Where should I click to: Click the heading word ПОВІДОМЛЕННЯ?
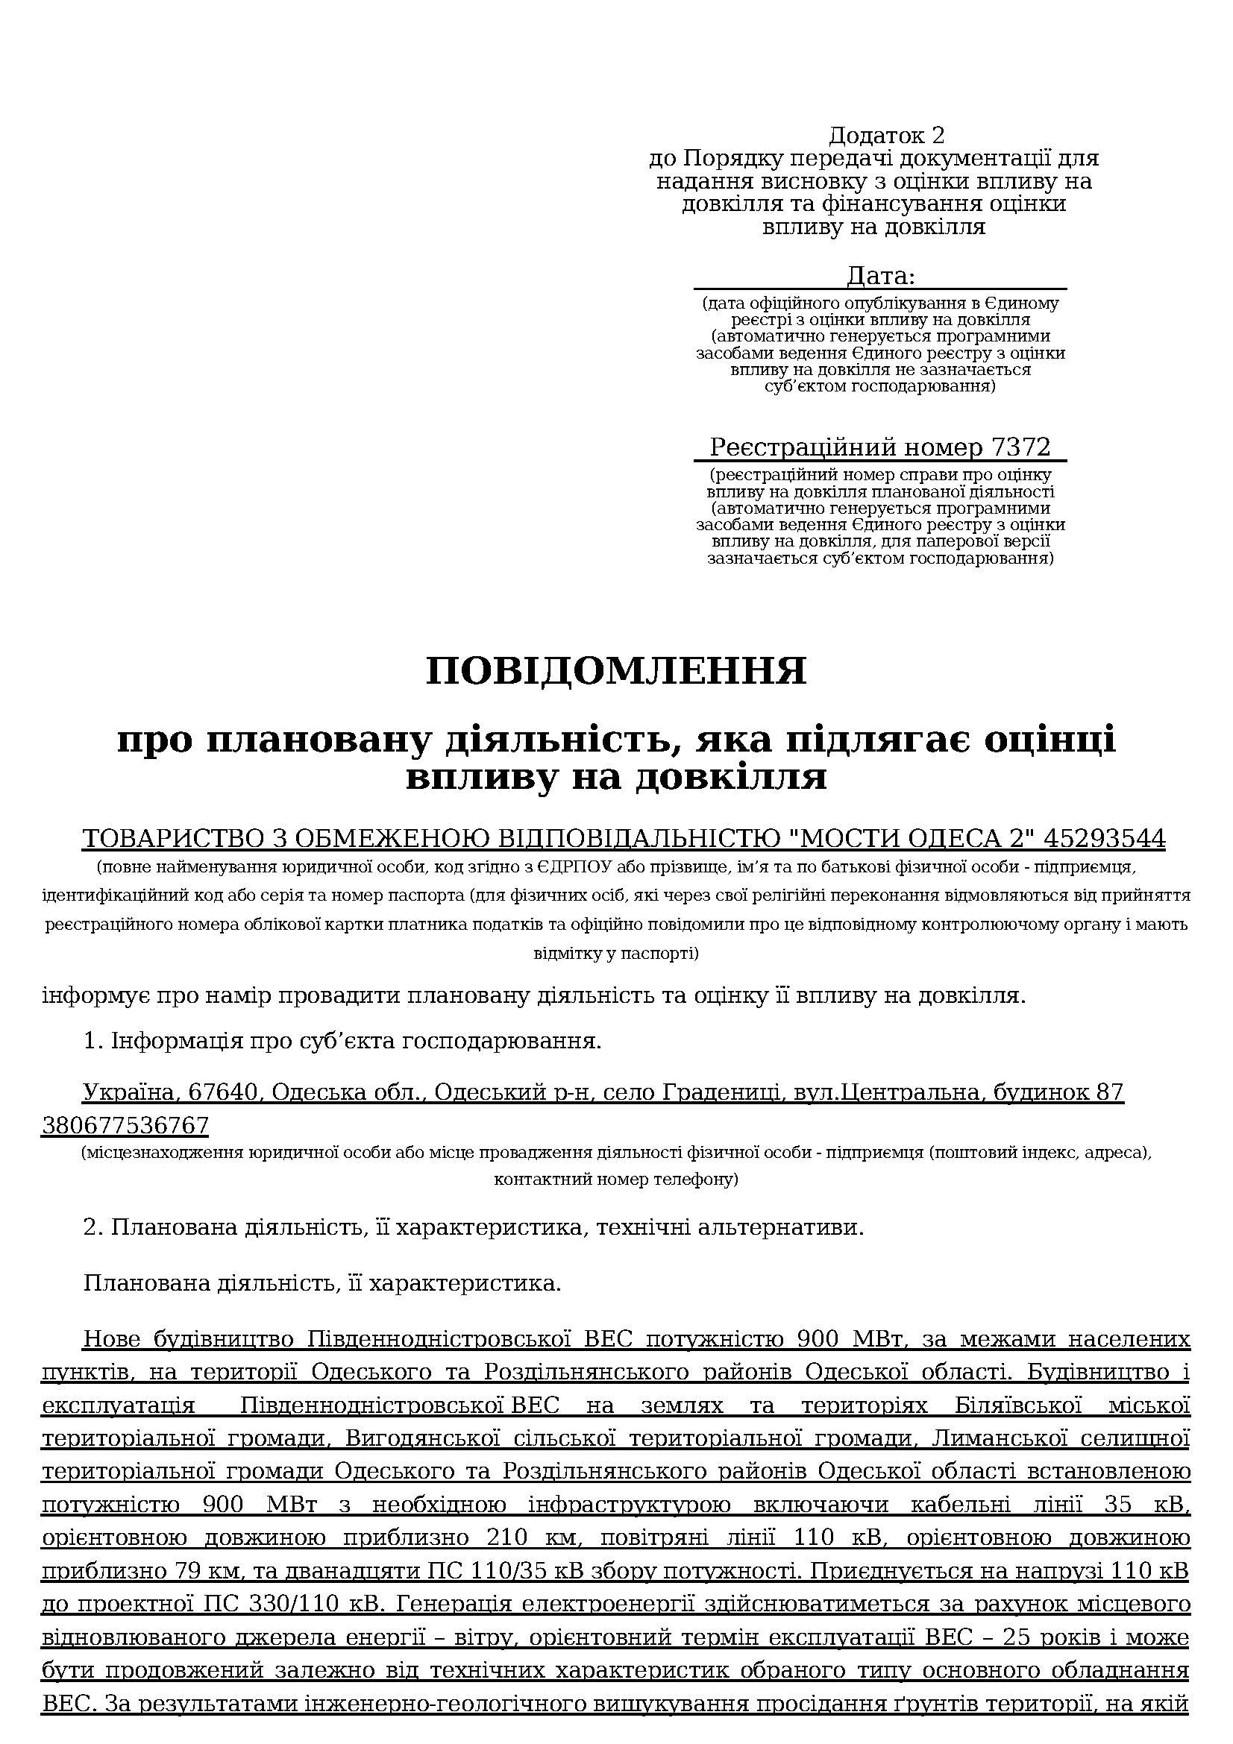pyautogui.click(x=616, y=671)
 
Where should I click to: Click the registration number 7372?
pyautogui.click(x=1020, y=447)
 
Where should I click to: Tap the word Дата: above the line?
pyautogui.click(x=880, y=275)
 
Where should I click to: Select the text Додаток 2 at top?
pyautogui.click(x=886, y=135)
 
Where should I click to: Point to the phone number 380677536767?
pyautogui.click(x=125, y=1124)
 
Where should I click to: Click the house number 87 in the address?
pyautogui.click(x=1109, y=1092)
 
